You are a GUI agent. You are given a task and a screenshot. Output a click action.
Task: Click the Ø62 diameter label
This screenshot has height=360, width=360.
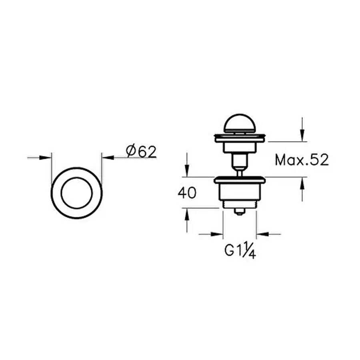[x=141, y=152]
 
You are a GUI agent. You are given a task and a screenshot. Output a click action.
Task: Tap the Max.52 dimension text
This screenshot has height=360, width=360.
[x=302, y=160]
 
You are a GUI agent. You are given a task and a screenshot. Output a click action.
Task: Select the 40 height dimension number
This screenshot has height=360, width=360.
[x=187, y=193]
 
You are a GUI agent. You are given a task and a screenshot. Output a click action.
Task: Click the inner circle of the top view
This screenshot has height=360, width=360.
[x=61, y=193]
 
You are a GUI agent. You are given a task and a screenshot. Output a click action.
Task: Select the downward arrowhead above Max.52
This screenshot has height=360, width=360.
[x=302, y=136]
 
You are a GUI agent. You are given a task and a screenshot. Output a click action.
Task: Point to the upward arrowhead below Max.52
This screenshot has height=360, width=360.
[x=302, y=183]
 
